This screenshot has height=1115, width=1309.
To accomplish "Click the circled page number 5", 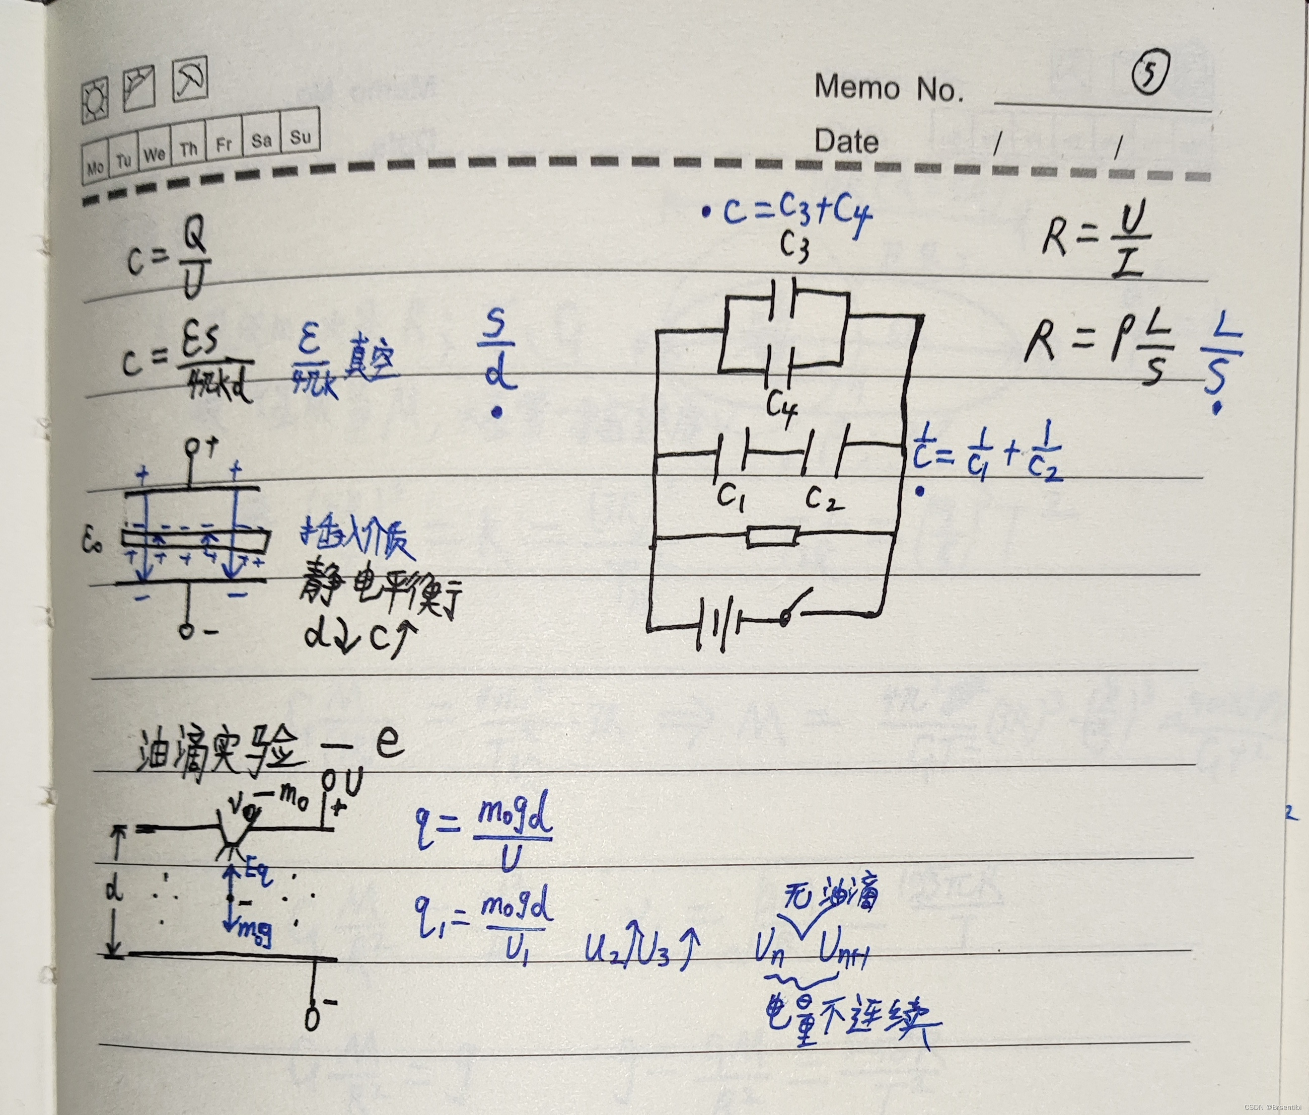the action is (x=1149, y=75).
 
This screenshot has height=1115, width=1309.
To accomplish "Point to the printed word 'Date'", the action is (x=846, y=140).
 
